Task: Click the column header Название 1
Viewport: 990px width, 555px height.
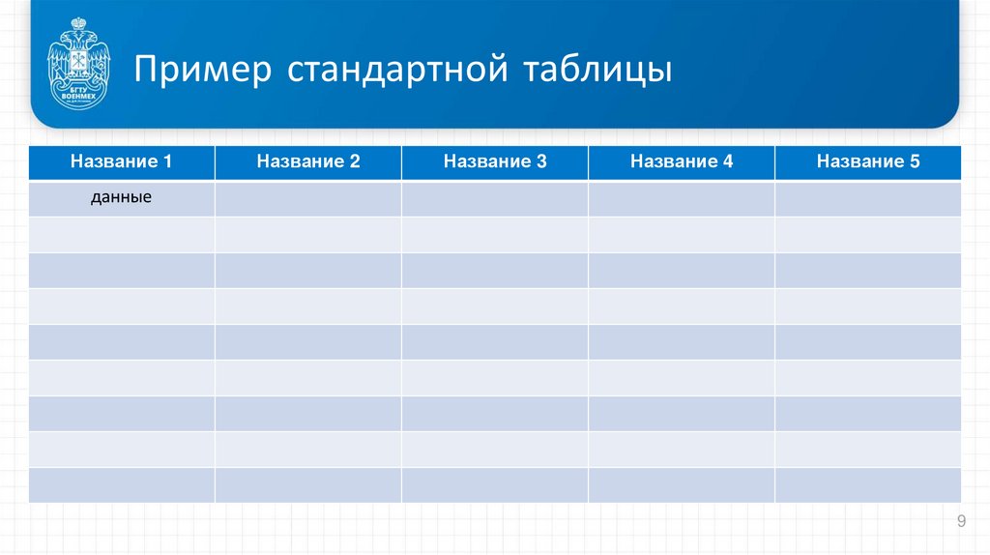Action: [121, 162]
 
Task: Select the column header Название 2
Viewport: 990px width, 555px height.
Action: [307, 162]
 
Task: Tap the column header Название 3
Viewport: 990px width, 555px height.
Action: [494, 162]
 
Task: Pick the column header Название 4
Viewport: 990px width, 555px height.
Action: [681, 162]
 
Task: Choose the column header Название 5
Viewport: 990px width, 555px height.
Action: [867, 162]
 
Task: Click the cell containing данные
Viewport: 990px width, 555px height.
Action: [121, 198]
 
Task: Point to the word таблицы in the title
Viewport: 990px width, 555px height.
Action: [598, 72]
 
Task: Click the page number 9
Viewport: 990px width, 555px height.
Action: [961, 522]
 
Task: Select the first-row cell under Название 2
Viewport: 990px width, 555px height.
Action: [307, 198]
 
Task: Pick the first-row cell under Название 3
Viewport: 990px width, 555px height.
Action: [494, 198]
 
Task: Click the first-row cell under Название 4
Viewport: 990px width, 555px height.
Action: [681, 198]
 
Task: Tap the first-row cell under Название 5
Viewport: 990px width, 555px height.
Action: [867, 198]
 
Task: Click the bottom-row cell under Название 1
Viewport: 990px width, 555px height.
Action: [121, 484]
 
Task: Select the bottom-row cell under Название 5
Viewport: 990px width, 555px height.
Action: [867, 484]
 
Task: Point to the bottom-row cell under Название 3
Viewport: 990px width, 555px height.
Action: [494, 484]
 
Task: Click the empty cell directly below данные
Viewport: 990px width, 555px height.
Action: [121, 234]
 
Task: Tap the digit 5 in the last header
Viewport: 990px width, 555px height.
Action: [914, 162]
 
